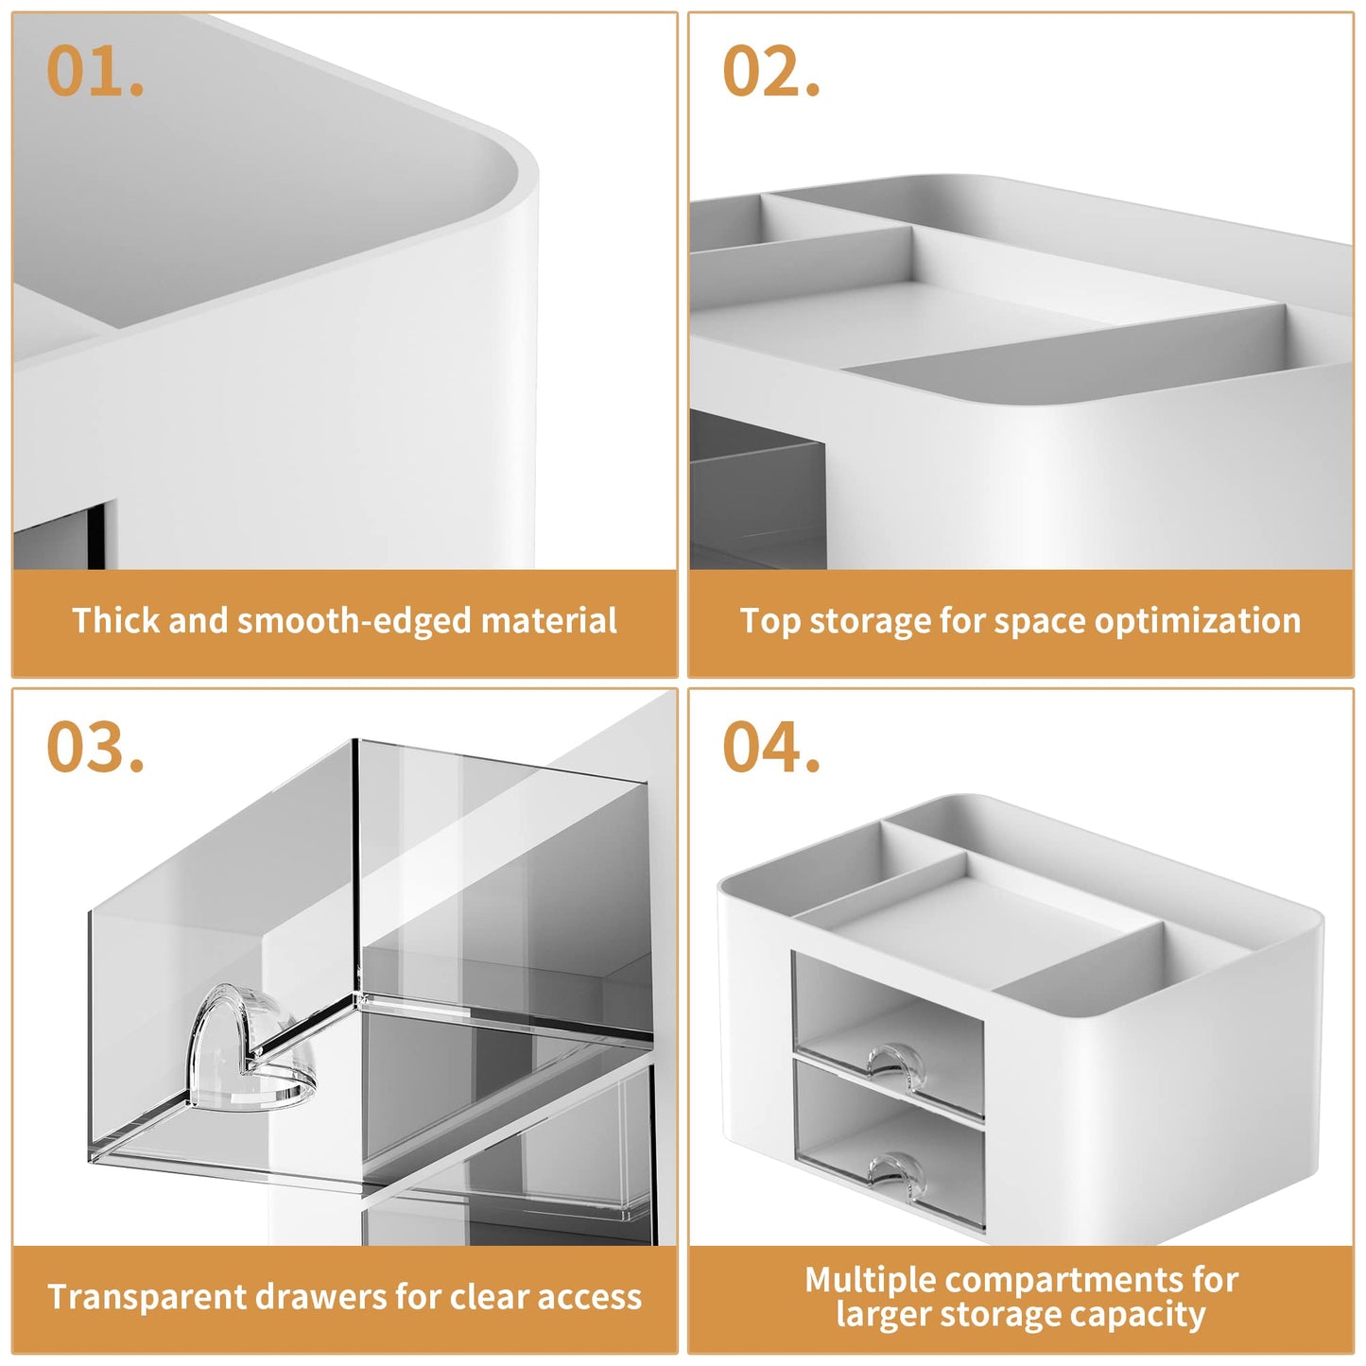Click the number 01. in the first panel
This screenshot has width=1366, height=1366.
(x=95, y=72)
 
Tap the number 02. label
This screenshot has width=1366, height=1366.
(x=771, y=72)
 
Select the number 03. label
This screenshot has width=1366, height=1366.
(x=95, y=748)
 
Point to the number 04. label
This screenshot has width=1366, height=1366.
(x=771, y=748)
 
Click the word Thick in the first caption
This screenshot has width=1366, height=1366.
(x=105, y=621)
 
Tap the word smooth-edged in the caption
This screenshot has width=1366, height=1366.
(x=354, y=621)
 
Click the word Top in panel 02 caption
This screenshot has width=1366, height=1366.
(x=769, y=621)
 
